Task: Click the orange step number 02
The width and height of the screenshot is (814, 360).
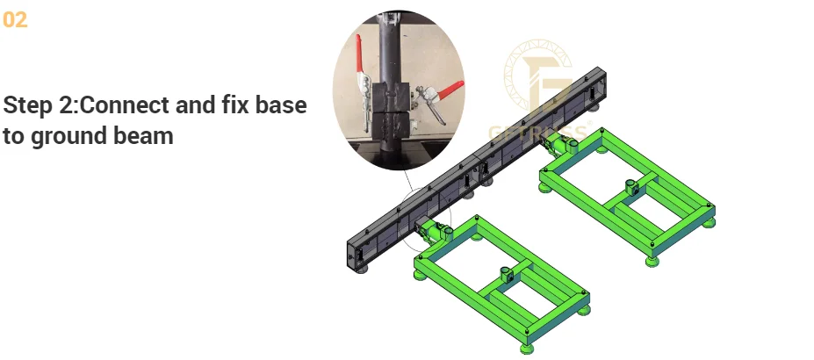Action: pos(15,19)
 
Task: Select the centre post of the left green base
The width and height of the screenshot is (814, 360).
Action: pos(505,274)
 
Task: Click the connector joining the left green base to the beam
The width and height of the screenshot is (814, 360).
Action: pos(430,229)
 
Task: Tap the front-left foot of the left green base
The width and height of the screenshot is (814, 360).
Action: pos(421,273)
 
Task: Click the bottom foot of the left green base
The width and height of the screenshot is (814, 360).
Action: pos(525,346)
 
